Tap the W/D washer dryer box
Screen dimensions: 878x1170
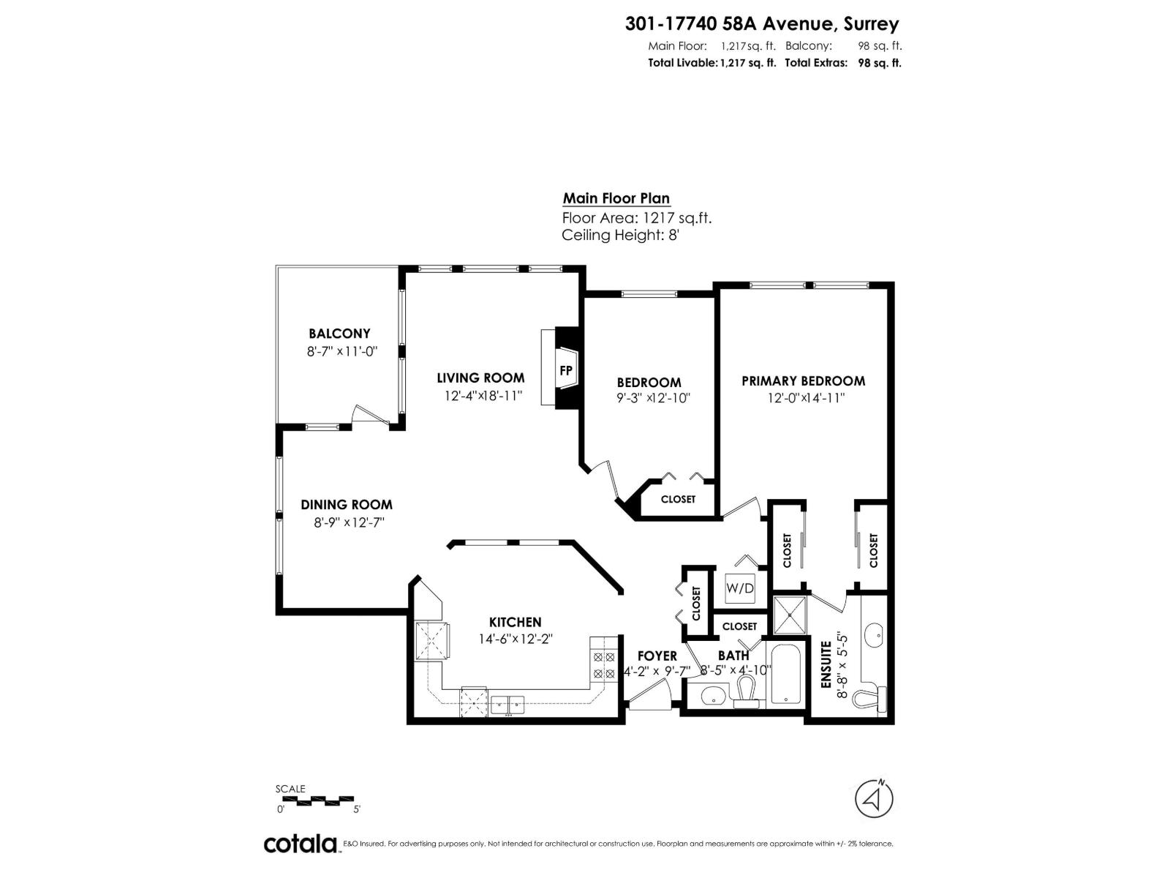point(739,588)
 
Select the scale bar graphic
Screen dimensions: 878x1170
point(316,799)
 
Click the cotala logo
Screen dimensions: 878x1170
point(300,844)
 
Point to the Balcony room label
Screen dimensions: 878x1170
point(339,334)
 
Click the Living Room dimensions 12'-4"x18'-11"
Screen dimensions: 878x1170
point(483,397)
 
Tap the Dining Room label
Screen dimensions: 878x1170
point(347,505)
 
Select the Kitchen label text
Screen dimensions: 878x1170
point(515,622)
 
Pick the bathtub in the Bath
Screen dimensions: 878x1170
point(785,673)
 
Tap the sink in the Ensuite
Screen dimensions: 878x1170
point(874,634)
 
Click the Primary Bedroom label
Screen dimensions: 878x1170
point(803,381)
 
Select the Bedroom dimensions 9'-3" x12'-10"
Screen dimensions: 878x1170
point(654,399)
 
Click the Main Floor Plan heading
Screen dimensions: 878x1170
point(616,198)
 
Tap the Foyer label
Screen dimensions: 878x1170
point(657,656)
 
